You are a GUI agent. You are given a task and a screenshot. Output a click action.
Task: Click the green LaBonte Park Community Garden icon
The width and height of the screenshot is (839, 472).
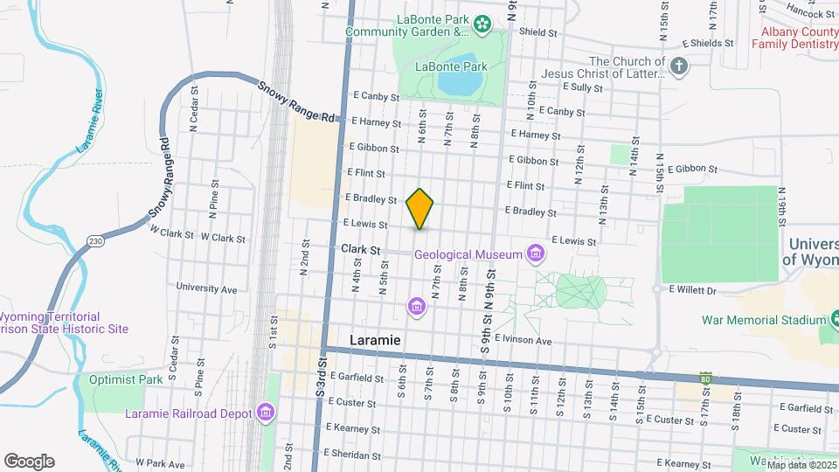482,25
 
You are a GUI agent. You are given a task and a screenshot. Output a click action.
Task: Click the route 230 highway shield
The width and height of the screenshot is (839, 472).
95,239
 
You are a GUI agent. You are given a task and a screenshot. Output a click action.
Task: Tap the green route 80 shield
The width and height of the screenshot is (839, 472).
705,378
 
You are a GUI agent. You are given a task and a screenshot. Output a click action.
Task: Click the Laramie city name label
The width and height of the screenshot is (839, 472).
375,339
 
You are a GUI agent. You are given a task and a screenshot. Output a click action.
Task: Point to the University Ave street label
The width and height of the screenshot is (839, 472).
206,288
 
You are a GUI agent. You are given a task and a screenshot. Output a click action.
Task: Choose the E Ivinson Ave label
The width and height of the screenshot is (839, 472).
524,340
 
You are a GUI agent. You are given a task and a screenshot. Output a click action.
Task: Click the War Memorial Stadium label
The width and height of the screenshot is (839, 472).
751,321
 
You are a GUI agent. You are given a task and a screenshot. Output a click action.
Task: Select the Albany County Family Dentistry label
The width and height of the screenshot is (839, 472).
794,37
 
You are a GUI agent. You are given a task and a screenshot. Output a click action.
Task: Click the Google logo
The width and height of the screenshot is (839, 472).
29,462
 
